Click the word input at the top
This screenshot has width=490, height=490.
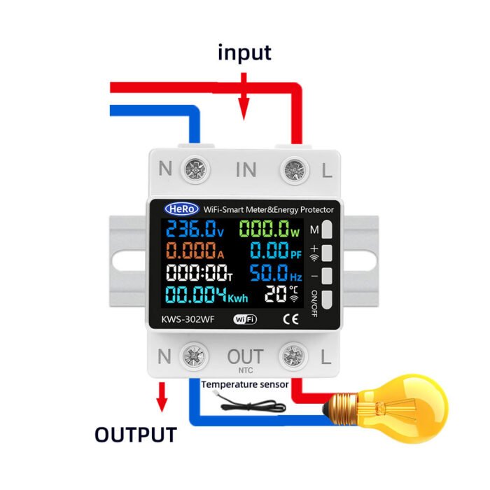click(244, 53)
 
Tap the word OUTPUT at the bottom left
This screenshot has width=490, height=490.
click(136, 434)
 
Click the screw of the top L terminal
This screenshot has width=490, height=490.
click(293, 169)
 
